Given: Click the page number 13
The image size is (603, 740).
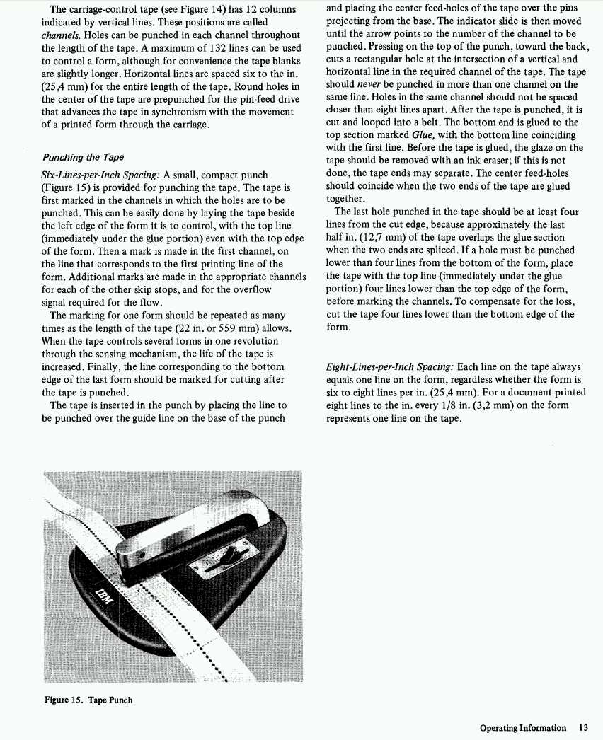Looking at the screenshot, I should (x=583, y=727).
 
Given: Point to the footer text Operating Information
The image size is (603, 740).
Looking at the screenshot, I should (x=522, y=727).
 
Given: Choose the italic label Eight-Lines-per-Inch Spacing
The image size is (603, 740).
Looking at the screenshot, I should (x=390, y=367).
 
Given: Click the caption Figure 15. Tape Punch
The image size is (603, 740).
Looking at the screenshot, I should (x=88, y=700).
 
